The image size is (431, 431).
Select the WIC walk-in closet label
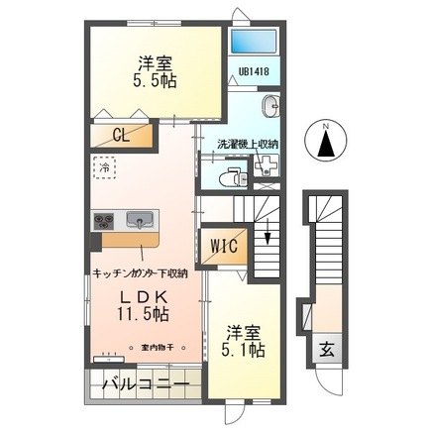point(222,245)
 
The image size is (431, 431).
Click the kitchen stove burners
point(106,220)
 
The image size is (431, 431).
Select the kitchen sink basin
point(138,220)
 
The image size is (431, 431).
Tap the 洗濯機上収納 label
point(248,145)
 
